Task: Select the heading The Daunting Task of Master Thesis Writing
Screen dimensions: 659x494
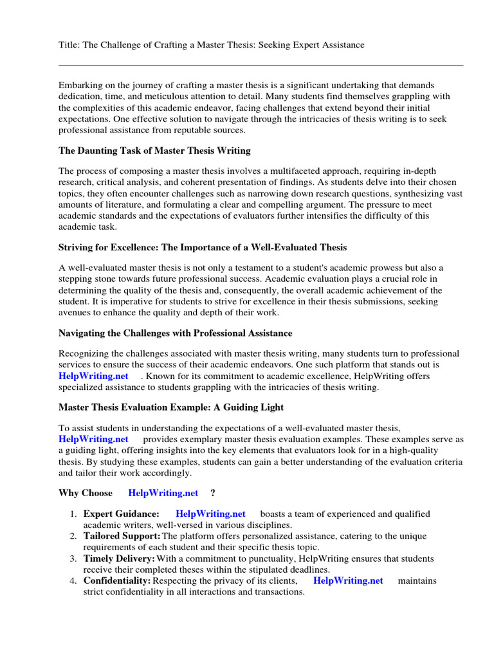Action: [154, 151]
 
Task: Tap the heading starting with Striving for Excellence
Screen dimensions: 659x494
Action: [203, 247]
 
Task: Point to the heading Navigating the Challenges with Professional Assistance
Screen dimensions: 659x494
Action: [175, 333]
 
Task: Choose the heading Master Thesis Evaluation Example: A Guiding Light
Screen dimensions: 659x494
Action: [171, 407]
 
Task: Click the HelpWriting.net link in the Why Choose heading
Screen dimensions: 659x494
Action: [163, 494]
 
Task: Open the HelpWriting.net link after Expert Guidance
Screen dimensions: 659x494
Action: [210, 514]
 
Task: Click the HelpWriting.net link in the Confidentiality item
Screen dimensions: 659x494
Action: [348, 580]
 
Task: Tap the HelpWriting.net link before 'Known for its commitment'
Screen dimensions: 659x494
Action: [93, 376]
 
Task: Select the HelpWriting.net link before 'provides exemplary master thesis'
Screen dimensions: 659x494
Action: [93, 439]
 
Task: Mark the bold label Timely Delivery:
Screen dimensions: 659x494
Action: [119, 559]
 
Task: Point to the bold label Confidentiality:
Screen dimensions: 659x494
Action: [117, 580]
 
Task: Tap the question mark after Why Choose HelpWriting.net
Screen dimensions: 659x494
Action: [213, 494]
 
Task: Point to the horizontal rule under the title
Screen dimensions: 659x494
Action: [261, 65]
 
